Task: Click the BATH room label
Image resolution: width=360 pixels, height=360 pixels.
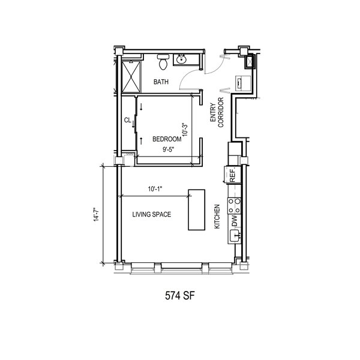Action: pyautogui.click(x=161, y=82)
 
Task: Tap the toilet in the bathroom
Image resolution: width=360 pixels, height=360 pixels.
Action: pyautogui.click(x=163, y=62)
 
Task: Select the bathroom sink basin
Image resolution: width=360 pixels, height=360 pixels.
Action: pyautogui.click(x=181, y=59)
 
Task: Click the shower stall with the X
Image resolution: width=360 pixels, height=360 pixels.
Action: pyautogui.click(x=131, y=77)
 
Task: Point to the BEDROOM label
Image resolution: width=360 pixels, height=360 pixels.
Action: pyautogui.click(x=167, y=139)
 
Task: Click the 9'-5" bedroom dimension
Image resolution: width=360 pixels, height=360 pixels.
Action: pyautogui.click(x=169, y=149)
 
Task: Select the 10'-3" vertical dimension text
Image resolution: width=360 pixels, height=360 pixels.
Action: pyautogui.click(x=185, y=130)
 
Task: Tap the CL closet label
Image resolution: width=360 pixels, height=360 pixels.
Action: pyautogui.click(x=127, y=120)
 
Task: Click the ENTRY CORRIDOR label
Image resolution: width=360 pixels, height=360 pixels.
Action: pyautogui.click(x=217, y=113)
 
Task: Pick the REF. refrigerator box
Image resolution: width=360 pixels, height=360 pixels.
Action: pyautogui.click(x=232, y=175)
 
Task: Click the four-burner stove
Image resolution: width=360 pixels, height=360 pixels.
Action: pyautogui.click(x=235, y=206)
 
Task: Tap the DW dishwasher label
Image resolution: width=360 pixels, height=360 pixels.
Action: pyautogui.click(x=235, y=221)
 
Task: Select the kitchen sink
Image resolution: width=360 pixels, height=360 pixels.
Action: pyautogui.click(x=235, y=236)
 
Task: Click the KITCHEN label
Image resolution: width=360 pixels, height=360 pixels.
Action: pyautogui.click(x=217, y=217)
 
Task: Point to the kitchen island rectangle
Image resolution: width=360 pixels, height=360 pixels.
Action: pyautogui.click(x=197, y=209)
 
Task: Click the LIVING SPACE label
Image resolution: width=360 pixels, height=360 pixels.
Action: pyautogui.click(x=152, y=214)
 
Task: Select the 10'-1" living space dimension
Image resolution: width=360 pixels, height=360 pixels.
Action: pyautogui.click(x=155, y=189)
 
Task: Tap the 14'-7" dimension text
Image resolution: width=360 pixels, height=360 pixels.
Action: pyautogui.click(x=96, y=214)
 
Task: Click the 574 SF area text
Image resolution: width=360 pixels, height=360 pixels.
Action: pyautogui.click(x=180, y=296)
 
